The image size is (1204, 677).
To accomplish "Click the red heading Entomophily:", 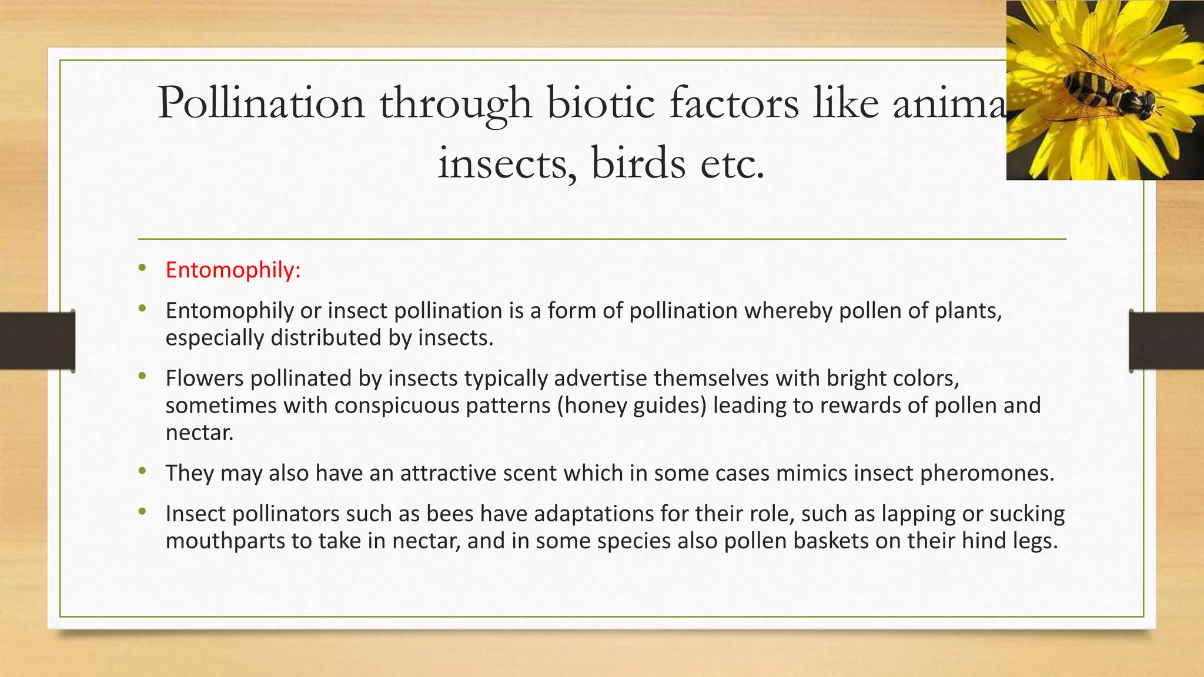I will [233, 270].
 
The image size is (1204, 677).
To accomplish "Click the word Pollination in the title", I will [261, 103].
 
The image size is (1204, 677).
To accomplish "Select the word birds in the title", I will [638, 163].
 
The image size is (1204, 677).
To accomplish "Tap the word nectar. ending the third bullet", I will [199, 433].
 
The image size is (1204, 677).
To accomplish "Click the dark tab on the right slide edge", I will [1166, 341].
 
